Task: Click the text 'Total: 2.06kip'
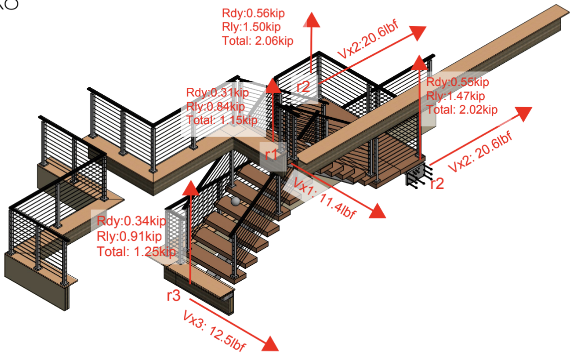[x=258, y=41]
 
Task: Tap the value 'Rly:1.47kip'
[x=455, y=96]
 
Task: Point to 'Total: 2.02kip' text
[x=462, y=109]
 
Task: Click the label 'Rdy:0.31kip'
[x=217, y=93]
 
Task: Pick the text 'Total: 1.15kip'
[x=222, y=120]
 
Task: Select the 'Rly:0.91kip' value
[x=130, y=236]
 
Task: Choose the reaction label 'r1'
[x=272, y=155]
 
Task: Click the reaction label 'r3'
[x=173, y=295]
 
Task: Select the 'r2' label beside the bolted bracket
[x=436, y=183]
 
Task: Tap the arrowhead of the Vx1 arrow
[x=378, y=211]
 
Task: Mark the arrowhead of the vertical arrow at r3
[x=191, y=187]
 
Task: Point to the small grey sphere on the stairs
[x=235, y=201]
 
